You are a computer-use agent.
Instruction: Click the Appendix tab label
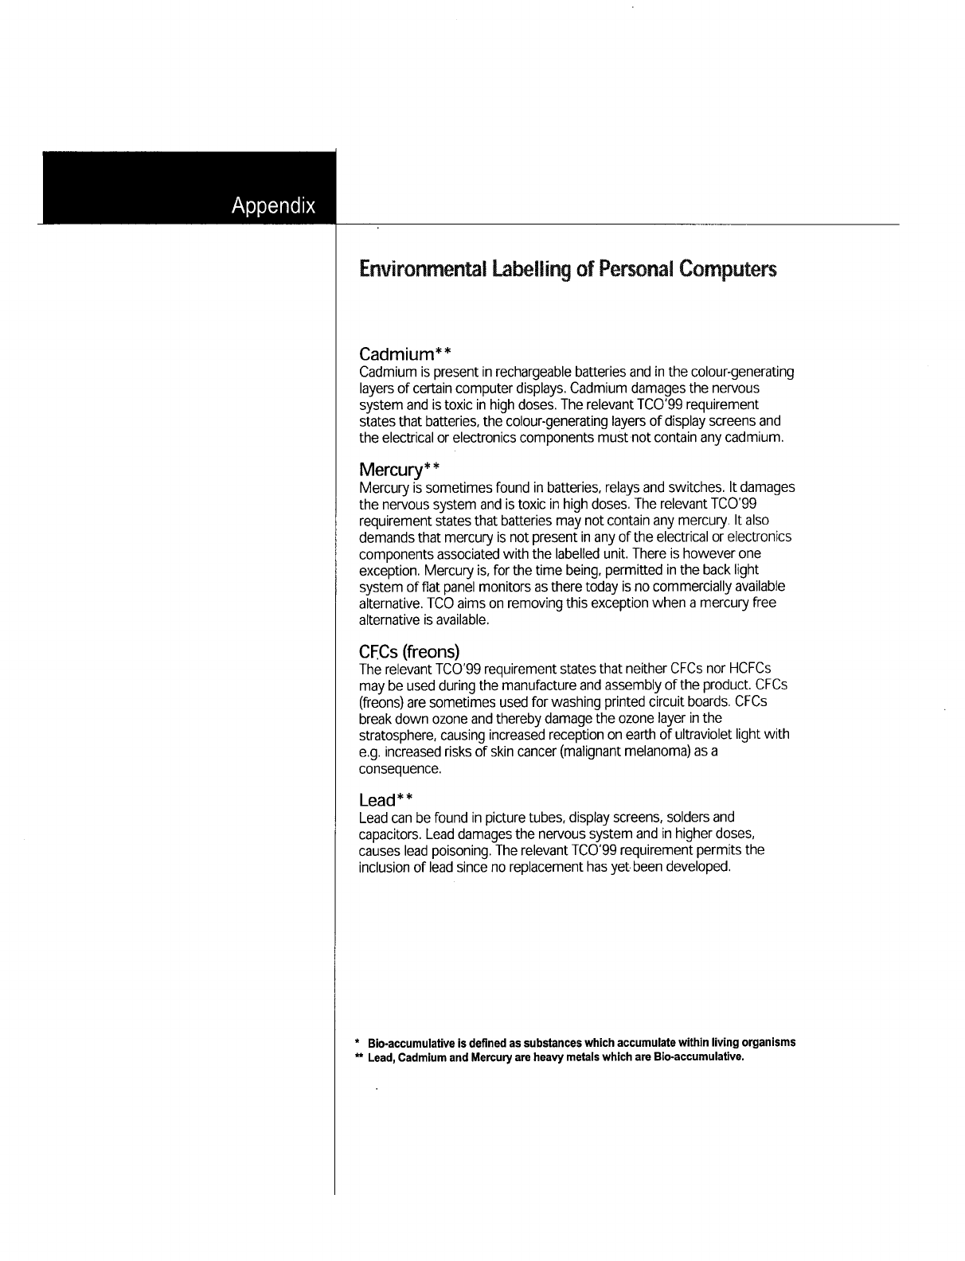[273, 205]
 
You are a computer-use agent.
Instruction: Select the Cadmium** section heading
[405, 353]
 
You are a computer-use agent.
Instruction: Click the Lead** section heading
[386, 799]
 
